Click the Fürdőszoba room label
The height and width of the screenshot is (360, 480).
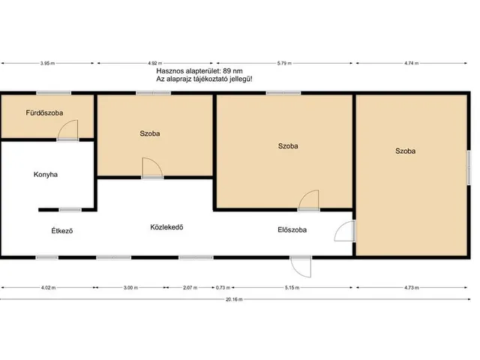click(x=44, y=113)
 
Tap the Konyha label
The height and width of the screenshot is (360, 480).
click(x=46, y=175)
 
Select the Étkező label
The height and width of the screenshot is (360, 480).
click(x=62, y=230)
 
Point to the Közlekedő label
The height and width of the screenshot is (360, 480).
click(x=166, y=227)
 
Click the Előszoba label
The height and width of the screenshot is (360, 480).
click(x=292, y=230)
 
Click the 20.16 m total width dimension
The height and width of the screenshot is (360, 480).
click(x=234, y=299)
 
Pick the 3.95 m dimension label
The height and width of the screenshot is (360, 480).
click(x=47, y=63)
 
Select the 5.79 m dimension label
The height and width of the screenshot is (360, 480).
click(x=284, y=63)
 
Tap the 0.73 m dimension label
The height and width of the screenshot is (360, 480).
click(x=223, y=288)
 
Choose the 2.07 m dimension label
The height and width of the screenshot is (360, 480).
click(x=190, y=288)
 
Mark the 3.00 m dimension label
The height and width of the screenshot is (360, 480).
click(x=130, y=288)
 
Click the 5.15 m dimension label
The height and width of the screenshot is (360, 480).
click(x=292, y=288)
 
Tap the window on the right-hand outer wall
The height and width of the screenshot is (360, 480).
click(x=468, y=167)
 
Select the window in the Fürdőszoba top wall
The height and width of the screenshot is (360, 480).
click(x=54, y=93)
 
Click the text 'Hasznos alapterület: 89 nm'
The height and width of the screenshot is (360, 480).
click(x=199, y=71)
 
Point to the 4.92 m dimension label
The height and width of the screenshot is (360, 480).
click(x=155, y=63)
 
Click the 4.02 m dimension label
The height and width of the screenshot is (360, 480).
click(x=48, y=288)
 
